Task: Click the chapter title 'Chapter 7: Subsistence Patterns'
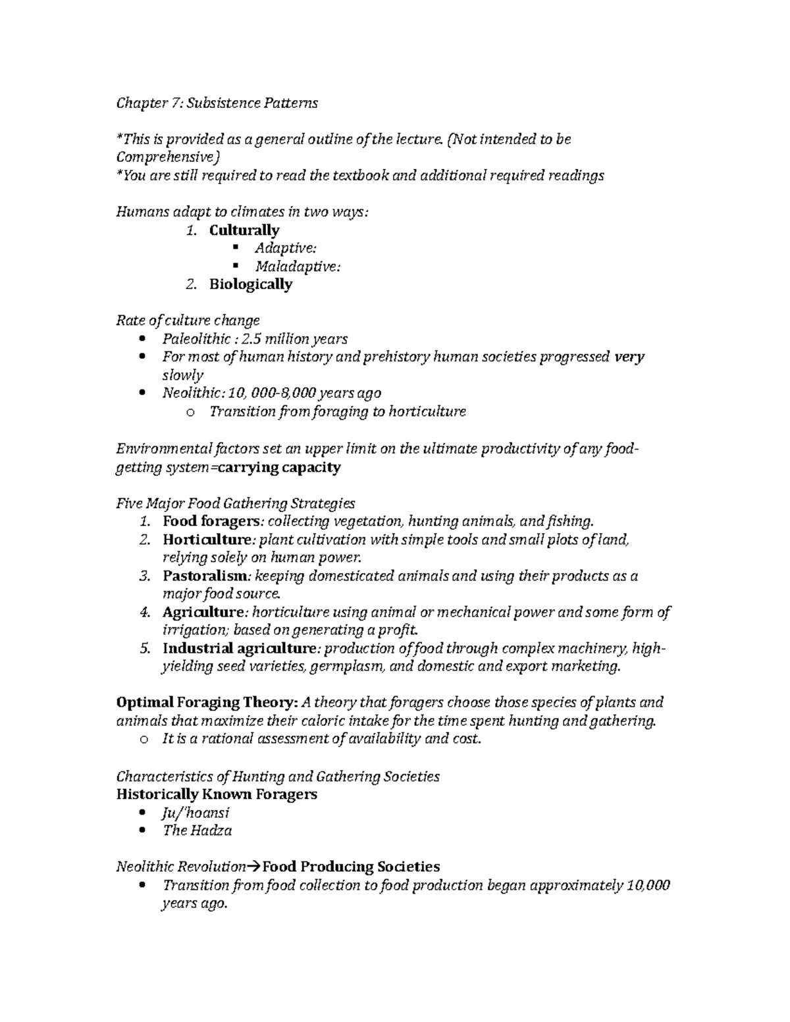tap(217, 103)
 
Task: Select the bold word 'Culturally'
tap(244, 230)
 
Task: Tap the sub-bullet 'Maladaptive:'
tap(298, 267)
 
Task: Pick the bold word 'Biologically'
tap(251, 284)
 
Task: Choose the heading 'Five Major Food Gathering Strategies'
tap(236, 503)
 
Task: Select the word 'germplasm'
tap(348, 667)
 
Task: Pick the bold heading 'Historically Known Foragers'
tap(217, 794)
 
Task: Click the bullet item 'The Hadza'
tap(197, 830)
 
